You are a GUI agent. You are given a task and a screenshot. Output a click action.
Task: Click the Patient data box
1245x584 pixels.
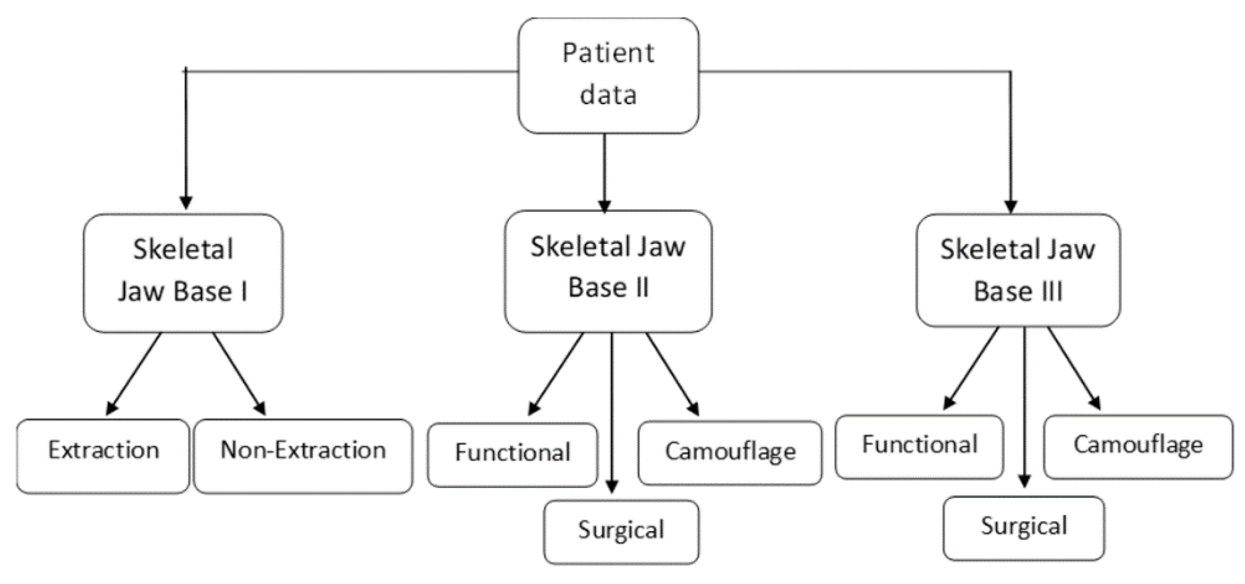pos(608,75)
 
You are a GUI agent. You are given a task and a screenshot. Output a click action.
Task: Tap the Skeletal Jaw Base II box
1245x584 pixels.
pos(608,270)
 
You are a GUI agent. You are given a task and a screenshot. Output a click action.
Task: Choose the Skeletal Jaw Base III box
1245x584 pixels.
pos(1018,270)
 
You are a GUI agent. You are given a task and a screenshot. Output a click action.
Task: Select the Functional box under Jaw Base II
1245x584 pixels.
pos(512,454)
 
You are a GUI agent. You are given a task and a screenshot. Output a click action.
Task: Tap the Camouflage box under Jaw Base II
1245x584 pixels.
pos(730,452)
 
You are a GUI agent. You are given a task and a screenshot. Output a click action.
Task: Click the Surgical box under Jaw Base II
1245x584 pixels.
pos(621,531)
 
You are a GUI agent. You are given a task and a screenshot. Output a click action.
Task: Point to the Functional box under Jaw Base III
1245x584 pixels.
pos(919,446)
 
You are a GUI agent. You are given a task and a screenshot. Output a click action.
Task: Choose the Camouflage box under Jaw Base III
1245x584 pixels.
pos(1138,446)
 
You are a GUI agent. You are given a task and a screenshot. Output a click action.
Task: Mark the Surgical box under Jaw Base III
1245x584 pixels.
pos(1024,528)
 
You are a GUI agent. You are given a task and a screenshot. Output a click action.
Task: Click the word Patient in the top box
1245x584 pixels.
pos(608,53)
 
